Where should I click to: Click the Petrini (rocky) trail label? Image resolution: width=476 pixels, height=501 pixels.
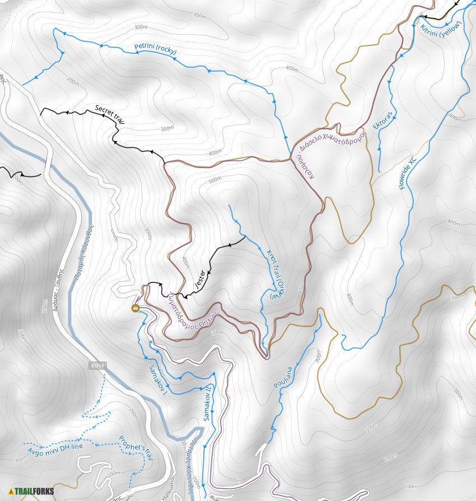pyautogui.click(x=155, y=49)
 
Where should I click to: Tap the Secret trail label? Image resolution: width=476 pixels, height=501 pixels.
pyautogui.click(x=109, y=113)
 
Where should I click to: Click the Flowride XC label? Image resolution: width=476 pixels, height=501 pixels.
pyautogui.click(x=409, y=173)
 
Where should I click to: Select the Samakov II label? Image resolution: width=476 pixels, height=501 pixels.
pyautogui.click(x=207, y=403)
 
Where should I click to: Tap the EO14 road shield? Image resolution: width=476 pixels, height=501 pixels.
pyautogui.click(x=97, y=365)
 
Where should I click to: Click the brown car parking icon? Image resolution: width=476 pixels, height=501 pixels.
pyautogui.click(x=135, y=308)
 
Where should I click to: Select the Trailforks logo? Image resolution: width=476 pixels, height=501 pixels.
pyautogui.click(x=31, y=491)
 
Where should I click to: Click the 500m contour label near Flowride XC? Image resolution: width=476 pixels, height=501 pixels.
pyautogui.click(x=455, y=118)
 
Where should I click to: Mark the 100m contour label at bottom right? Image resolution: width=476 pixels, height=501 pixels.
pyautogui.click(x=410, y=486)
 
